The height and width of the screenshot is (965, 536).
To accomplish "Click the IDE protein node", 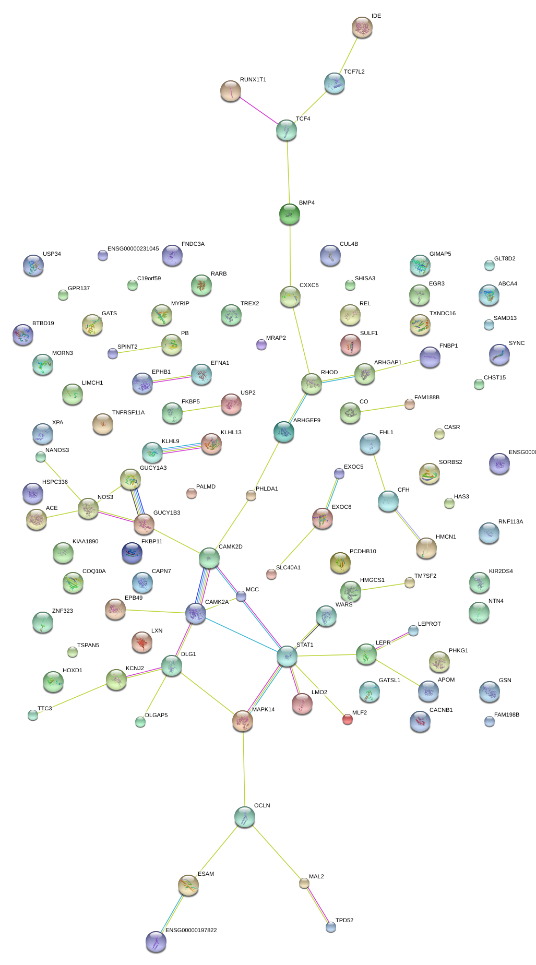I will point(362,27).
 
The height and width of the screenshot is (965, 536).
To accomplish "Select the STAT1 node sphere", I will point(287,656).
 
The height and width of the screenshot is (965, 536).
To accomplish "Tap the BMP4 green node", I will point(290,213).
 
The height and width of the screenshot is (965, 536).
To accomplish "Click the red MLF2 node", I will point(347,719).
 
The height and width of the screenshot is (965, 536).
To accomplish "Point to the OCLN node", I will point(244,817).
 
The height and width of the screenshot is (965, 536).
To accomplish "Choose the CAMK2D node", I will point(209,558).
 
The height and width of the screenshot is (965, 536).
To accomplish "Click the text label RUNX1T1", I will point(253,80).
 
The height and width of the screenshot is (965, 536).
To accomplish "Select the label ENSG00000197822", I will point(191,930).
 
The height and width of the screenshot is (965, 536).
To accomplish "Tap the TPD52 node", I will point(331,927).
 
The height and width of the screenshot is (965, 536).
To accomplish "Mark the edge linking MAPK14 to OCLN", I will point(243,767).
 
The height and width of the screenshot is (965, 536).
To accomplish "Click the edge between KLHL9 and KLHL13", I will point(182,448).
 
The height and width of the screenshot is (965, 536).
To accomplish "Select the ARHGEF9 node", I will point(283,432).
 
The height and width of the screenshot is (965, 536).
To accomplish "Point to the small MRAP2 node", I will point(261,344).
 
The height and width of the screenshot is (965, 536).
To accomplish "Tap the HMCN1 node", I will point(426,548).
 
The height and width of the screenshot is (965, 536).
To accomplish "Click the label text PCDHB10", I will point(363,552).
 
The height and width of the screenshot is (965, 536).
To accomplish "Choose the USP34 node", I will point(33,265).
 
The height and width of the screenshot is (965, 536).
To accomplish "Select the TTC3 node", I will point(33,714).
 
